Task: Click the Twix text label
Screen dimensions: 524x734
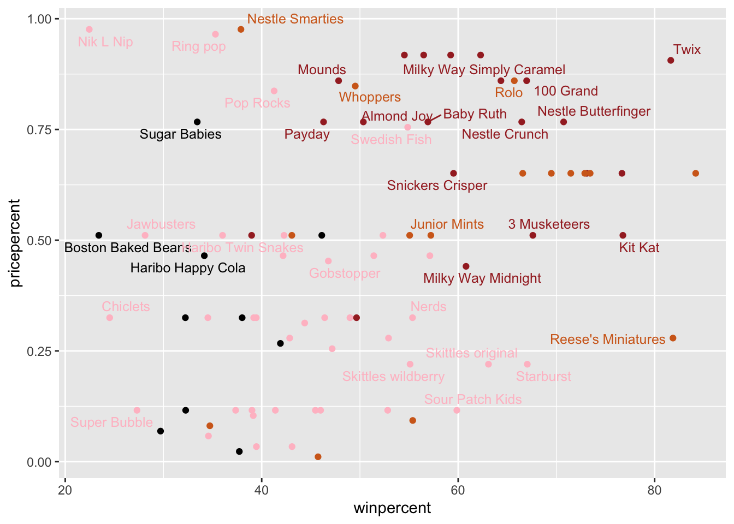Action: click(x=686, y=50)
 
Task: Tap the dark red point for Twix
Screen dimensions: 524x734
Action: click(x=671, y=60)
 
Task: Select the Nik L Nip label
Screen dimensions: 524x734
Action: click(x=105, y=42)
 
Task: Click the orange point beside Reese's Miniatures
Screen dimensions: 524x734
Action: click(x=672, y=338)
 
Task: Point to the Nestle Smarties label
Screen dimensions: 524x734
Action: click(x=295, y=19)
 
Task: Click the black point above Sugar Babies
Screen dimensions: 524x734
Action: click(x=197, y=122)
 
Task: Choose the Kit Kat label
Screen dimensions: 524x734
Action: click(x=639, y=248)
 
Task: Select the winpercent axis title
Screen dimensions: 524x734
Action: click(x=392, y=509)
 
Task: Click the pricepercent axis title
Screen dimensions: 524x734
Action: click(x=15, y=243)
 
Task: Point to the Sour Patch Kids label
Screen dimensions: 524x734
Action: click(x=473, y=400)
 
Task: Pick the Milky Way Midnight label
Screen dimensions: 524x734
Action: click(x=482, y=278)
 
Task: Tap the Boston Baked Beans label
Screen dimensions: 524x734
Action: click(x=127, y=248)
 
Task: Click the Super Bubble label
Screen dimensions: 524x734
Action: click(x=111, y=422)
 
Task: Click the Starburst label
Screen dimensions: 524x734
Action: click(x=543, y=377)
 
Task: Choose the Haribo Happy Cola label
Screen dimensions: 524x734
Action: click(x=188, y=268)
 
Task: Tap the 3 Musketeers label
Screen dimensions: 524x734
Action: click(x=549, y=224)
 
